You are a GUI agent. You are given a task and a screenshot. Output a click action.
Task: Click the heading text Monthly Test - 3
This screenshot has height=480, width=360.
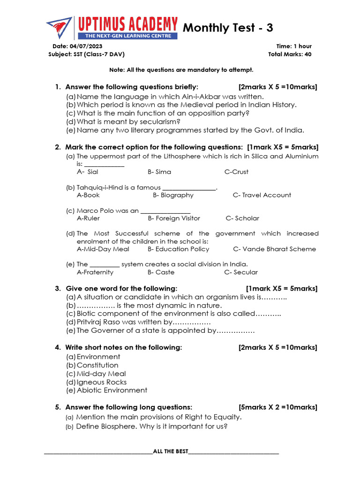(228, 28)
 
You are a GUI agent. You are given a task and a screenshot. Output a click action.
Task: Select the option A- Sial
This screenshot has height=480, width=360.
(88, 172)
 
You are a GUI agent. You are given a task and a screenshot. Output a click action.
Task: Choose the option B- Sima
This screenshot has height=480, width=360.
(159, 172)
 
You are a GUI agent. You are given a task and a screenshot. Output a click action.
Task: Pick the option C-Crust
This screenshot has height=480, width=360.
(236, 172)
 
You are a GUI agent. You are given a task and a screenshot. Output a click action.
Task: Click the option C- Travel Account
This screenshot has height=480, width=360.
(262, 195)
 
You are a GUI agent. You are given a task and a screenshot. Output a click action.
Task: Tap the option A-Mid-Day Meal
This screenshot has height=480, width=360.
(103, 249)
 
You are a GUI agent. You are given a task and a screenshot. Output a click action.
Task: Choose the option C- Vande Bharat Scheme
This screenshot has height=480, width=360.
(274, 249)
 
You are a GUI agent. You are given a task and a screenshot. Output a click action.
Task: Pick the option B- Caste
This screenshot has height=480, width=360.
(161, 272)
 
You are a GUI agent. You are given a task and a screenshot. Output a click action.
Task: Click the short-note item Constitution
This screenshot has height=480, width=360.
(97, 365)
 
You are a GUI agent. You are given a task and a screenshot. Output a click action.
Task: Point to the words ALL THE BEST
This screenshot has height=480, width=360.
(171, 451)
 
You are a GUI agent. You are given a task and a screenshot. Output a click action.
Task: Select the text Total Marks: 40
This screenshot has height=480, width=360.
(290, 54)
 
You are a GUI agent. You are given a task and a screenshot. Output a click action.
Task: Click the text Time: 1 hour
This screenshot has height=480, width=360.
(294, 46)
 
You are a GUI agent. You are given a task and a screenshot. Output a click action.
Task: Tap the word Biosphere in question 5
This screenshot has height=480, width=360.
(120, 427)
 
